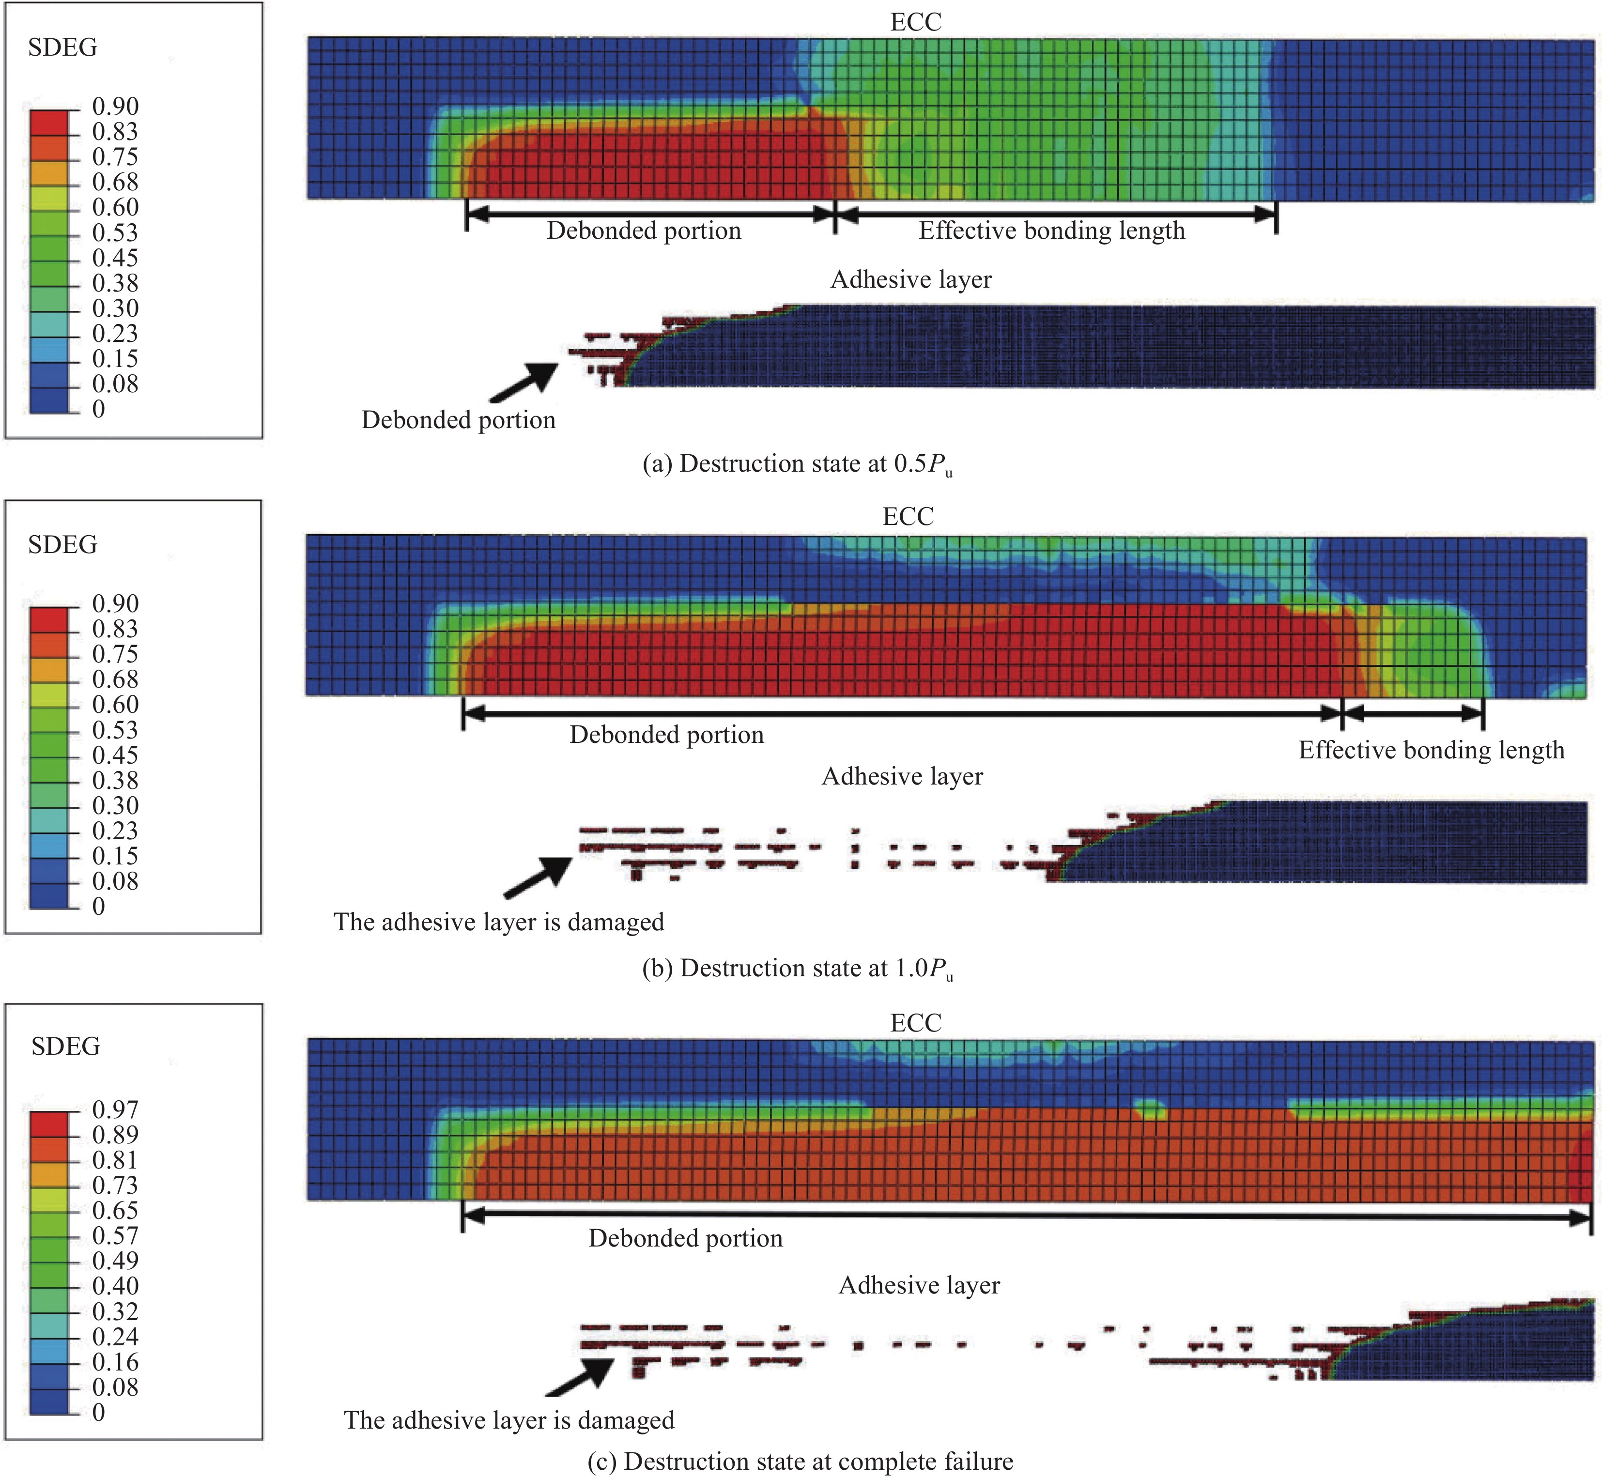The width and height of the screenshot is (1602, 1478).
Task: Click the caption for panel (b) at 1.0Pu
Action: click(798, 969)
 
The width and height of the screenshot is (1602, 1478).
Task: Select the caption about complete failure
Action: click(800, 1461)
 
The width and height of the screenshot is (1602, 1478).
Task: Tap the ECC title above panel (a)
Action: click(916, 22)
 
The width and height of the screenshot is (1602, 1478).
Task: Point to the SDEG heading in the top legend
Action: click(62, 48)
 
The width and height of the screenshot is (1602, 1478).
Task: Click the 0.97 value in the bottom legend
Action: click(115, 1109)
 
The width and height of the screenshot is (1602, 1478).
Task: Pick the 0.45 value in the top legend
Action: click(115, 258)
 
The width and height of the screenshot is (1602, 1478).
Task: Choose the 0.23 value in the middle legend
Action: click(115, 830)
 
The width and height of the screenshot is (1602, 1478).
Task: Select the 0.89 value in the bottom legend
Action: click(115, 1134)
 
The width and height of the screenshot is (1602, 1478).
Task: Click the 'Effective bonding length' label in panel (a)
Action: click(1052, 231)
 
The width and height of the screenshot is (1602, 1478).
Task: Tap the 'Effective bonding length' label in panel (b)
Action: click(1431, 750)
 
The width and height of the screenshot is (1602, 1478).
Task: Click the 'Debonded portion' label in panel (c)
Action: click(685, 1238)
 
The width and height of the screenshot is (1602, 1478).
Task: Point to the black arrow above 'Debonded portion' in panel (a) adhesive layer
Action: click(524, 382)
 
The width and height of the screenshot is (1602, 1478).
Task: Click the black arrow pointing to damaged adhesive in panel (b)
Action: click(538, 878)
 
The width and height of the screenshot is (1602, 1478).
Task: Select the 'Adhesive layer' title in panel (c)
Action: click(919, 1285)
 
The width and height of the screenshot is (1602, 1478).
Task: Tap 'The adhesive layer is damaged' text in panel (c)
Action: click(508, 1419)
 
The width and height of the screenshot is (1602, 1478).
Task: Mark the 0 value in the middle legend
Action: click(98, 906)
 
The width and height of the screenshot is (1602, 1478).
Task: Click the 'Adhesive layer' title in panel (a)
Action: click(911, 279)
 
